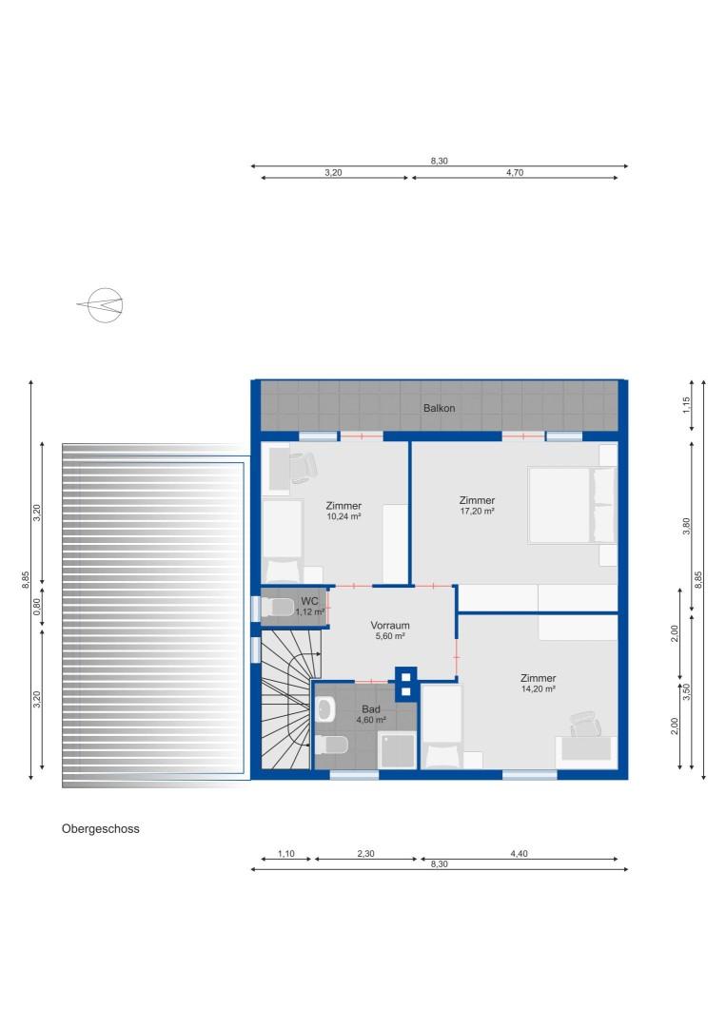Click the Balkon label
tap(439, 408)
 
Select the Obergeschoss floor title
tap(101, 828)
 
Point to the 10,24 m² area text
tap(343, 516)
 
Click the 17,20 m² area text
tap(476, 511)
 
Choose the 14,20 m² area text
tap(538, 688)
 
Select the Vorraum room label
tap(390, 625)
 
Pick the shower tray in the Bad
tap(397, 750)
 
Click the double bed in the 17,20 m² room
tap(562, 506)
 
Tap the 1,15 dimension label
tap(686, 404)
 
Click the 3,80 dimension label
tap(686, 527)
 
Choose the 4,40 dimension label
tap(519, 854)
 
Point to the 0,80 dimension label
tap(37, 608)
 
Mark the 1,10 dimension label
tap(285, 854)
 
